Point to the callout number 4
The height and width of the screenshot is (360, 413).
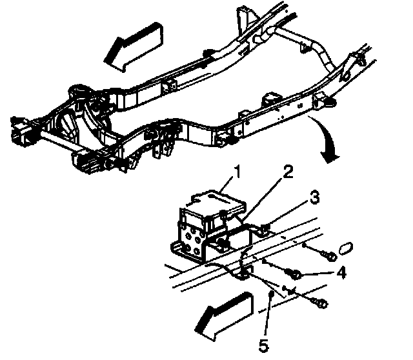(341, 273)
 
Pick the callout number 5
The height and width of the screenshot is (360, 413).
(263, 346)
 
